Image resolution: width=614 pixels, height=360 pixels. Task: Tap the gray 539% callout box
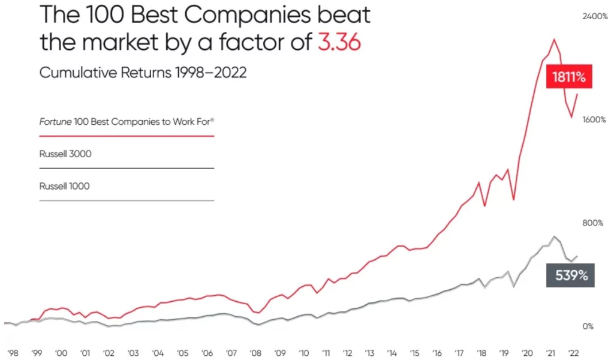pos(570,276)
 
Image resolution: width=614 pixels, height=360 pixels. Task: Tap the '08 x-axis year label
pos(255,353)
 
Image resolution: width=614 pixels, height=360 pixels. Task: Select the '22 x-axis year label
pos(573,353)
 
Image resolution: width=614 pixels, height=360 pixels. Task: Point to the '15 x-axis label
pos(414,353)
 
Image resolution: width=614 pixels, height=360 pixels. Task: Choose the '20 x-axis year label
pos(528,353)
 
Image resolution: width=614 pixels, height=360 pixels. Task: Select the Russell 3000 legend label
pos(65,154)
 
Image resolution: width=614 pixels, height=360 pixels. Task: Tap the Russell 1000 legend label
pos(64,186)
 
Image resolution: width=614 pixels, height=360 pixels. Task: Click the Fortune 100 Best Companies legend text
pos(127,122)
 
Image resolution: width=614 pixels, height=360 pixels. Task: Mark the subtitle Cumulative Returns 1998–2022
pos(143,73)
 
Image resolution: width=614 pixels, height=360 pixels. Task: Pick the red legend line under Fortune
pos(127,136)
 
